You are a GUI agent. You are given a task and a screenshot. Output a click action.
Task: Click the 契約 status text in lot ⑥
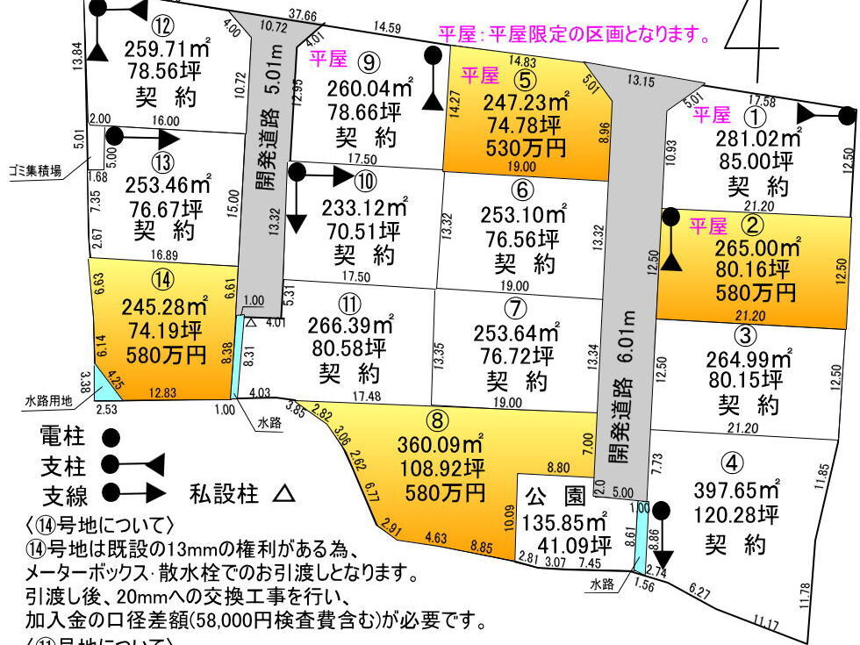515,262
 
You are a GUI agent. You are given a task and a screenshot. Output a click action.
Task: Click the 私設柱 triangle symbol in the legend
283,494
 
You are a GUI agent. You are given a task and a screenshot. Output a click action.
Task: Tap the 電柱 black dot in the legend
111,435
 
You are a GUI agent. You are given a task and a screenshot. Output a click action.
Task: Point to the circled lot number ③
744,335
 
